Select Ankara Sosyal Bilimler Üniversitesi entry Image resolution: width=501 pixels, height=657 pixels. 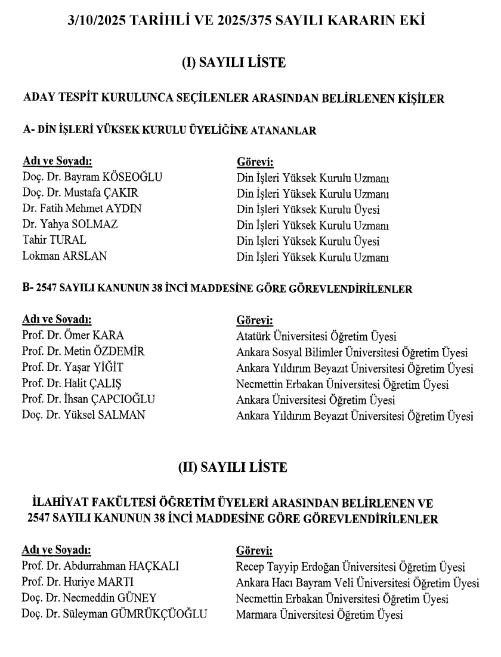tap(352, 352)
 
